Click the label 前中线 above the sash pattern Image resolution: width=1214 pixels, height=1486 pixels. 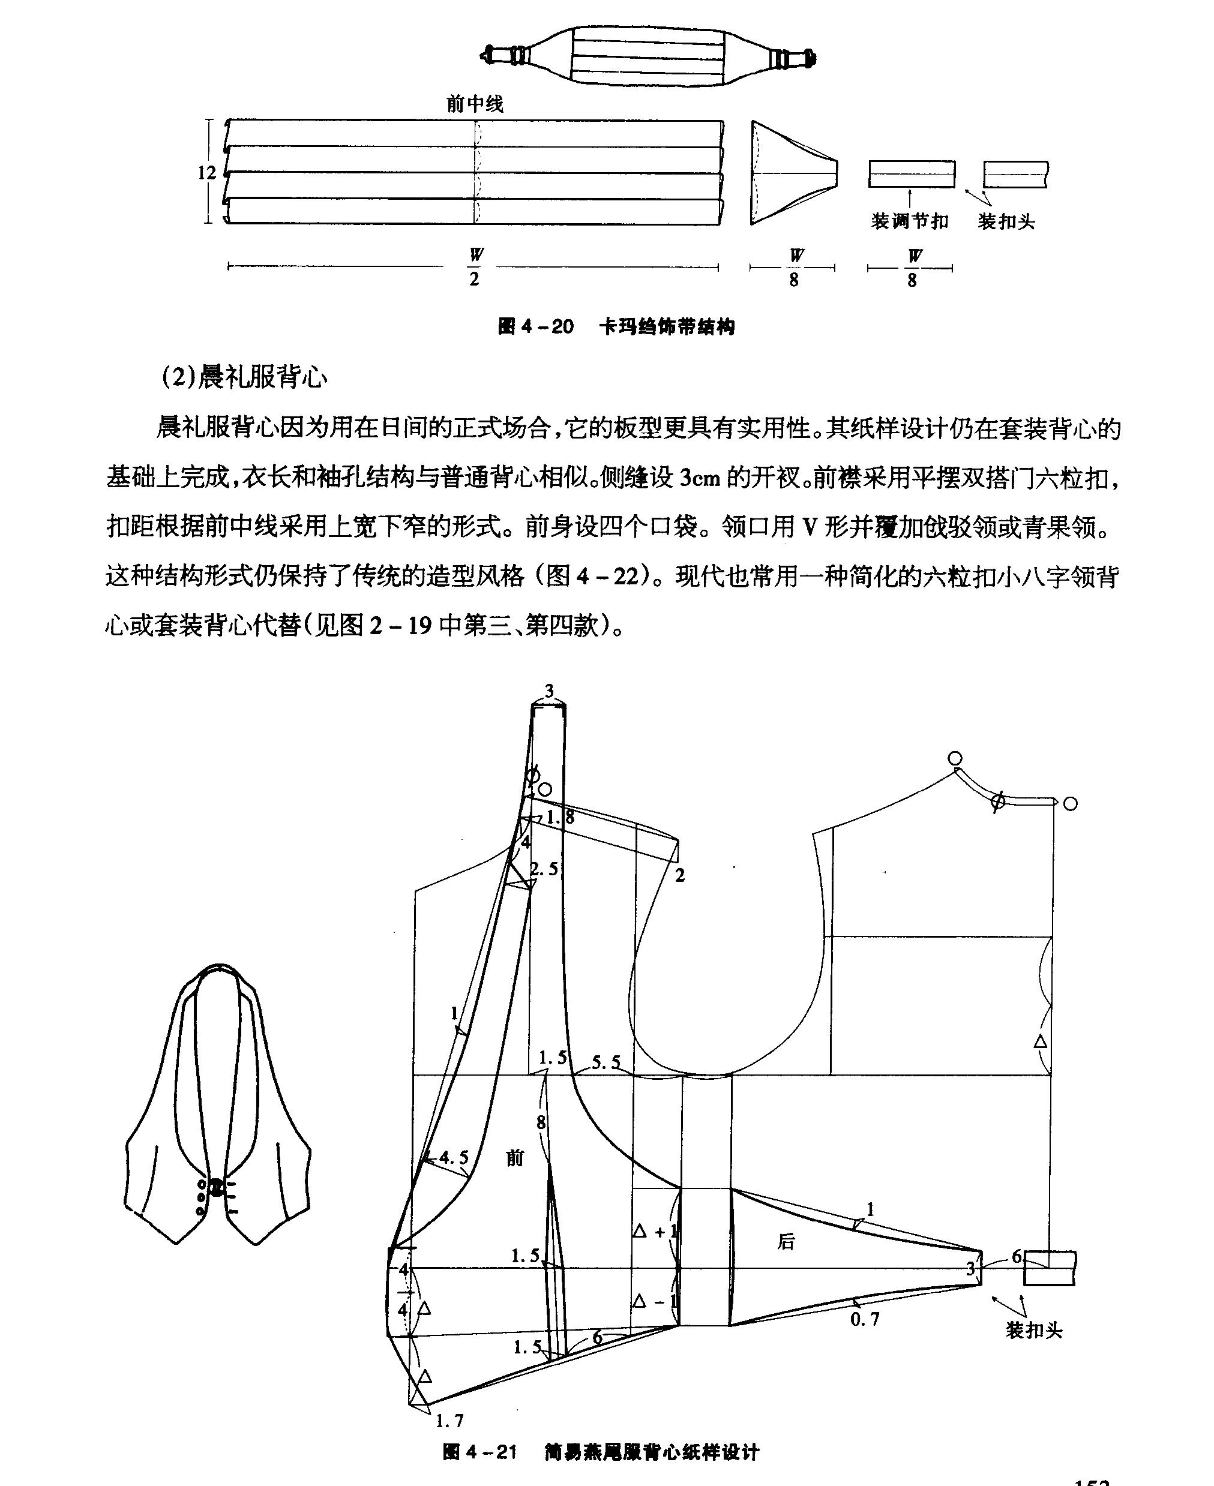(475, 104)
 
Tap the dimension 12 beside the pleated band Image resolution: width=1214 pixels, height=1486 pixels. (207, 172)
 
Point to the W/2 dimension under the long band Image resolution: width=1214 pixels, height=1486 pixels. (475, 267)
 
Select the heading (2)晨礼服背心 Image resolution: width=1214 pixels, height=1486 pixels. (244, 377)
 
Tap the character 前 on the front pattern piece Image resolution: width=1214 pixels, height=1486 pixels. (515, 1158)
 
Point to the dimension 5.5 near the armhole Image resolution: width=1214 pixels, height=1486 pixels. (605, 1062)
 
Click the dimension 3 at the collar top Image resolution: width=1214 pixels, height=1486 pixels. (549, 691)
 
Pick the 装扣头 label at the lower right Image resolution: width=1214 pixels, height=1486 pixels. (1033, 1329)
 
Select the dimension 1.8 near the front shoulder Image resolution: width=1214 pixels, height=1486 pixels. (560, 816)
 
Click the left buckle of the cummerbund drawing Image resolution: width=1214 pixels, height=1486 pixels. (510, 55)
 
